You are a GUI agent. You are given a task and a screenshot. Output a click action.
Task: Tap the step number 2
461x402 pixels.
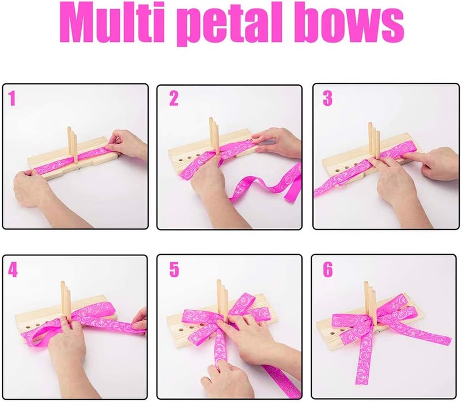pos(173,99)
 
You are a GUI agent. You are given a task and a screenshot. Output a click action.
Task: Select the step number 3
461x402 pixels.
pos(327,99)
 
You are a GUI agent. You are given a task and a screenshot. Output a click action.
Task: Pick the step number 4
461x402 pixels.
pos(13,269)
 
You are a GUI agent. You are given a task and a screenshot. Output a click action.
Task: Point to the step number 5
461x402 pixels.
pos(173,269)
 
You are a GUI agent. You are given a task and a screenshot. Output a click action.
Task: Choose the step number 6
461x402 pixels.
pos(327,269)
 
